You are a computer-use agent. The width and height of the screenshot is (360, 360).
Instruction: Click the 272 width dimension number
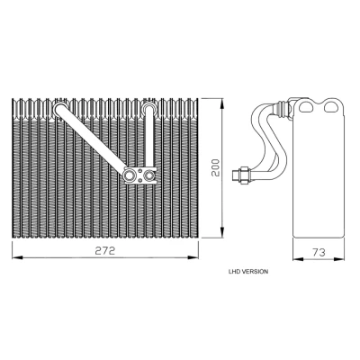point(105,251)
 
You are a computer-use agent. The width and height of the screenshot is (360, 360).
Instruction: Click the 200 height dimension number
point(215,167)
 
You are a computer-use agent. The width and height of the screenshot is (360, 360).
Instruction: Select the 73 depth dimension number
point(319,252)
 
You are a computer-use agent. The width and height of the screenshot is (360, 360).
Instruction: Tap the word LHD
point(235,272)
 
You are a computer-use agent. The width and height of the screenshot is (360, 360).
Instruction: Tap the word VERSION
point(255,272)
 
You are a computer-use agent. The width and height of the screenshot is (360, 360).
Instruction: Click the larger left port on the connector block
point(130,175)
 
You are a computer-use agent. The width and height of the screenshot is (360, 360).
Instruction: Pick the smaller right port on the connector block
point(149,175)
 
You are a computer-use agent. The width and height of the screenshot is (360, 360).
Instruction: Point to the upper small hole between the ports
point(140,171)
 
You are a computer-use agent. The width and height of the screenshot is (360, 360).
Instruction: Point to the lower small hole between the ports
point(140,180)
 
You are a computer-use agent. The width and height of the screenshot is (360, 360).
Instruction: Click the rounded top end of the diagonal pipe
point(61,109)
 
